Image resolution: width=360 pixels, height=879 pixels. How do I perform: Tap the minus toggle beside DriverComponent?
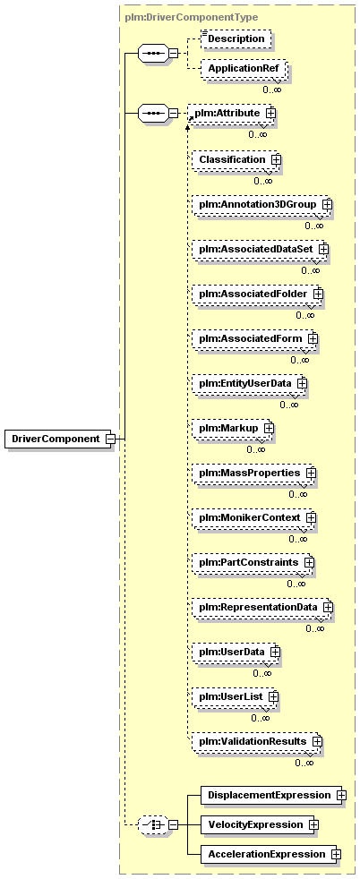[110, 439]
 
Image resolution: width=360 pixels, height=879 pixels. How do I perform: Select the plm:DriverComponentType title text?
[192, 17]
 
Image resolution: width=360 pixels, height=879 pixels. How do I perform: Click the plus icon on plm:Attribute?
[270, 113]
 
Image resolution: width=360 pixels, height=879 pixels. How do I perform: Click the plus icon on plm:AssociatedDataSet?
[323, 248]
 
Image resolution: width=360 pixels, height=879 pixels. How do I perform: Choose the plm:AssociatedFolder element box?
[256, 294]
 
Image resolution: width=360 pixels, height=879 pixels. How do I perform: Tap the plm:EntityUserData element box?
[249, 384]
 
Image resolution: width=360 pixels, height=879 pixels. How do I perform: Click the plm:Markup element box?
[232, 428]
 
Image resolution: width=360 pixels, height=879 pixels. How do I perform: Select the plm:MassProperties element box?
[253, 474]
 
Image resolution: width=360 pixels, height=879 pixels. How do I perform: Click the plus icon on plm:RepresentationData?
[328, 607]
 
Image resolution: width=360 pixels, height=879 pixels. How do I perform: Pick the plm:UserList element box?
[235, 696]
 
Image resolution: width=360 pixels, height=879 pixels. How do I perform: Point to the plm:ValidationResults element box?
[256, 742]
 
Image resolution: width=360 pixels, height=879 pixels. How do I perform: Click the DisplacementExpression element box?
[270, 795]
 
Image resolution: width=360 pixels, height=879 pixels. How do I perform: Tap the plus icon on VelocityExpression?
[313, 824]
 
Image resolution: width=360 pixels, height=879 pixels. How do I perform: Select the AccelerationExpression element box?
[269, 855]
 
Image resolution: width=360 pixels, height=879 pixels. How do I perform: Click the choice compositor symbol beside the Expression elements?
[152, 824]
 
